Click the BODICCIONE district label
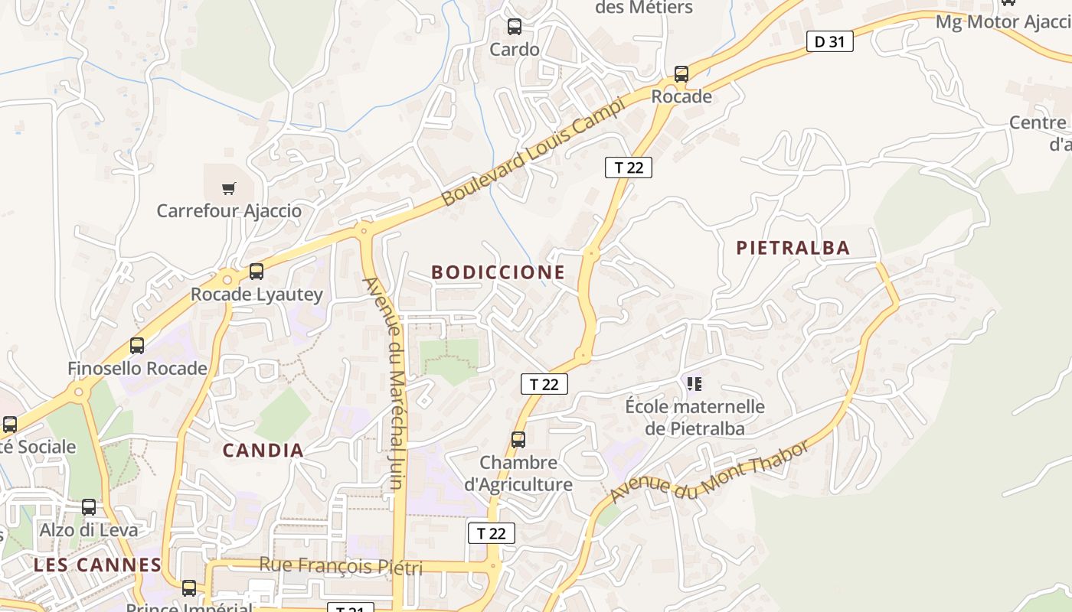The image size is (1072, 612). [x=498, y=272]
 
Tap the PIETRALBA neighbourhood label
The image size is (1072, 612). [x=793, y=248]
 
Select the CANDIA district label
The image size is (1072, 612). [x=263, y=451]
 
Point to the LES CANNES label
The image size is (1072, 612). [x=97, y=565]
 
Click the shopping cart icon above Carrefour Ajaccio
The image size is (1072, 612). [x=228, y=188]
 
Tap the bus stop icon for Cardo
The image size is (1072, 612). [x=515, y=28]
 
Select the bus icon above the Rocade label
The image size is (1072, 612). [x=681, y=74]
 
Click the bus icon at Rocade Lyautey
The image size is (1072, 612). [x=257, y=272]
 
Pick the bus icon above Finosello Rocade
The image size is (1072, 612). [x=137, y=346]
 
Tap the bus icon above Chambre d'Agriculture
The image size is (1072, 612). [x=518, y=440]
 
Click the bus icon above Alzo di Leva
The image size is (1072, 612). [x=89, y=507]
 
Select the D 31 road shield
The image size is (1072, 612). [x=829, y=42]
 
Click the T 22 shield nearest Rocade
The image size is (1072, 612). [x=629, y=168]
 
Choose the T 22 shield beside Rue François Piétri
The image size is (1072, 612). [x=492, y=533]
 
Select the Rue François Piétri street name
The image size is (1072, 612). [x=341, y=566]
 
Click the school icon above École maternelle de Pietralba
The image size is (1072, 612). [x=695, y=383]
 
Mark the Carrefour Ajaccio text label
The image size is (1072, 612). [x=229, y=211]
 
